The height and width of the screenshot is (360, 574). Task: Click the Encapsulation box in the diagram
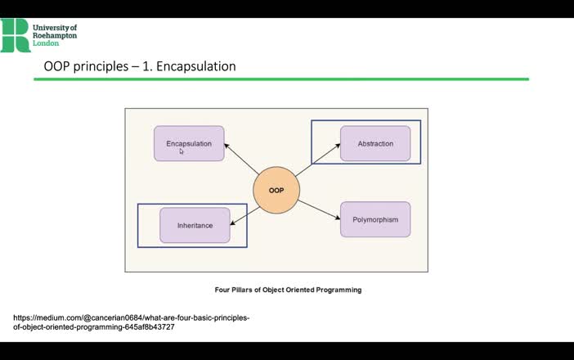[x=189, y=143]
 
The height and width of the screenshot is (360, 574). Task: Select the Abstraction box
[x=375, y=143]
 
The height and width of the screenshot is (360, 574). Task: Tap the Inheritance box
[x=195, y=225]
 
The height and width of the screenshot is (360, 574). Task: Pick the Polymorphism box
[x=375, y=219]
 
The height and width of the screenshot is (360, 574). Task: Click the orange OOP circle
[x=276, y=190]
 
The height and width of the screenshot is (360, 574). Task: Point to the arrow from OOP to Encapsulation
[x=241, y=160]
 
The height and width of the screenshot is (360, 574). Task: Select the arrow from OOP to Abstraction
[x=317, y=161]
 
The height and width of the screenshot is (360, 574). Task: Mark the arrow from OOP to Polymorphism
[x=319, y=209]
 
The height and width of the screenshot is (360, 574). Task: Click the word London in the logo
[x=46, y=43]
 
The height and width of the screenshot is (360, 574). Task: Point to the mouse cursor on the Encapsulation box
[x=182, y=151]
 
